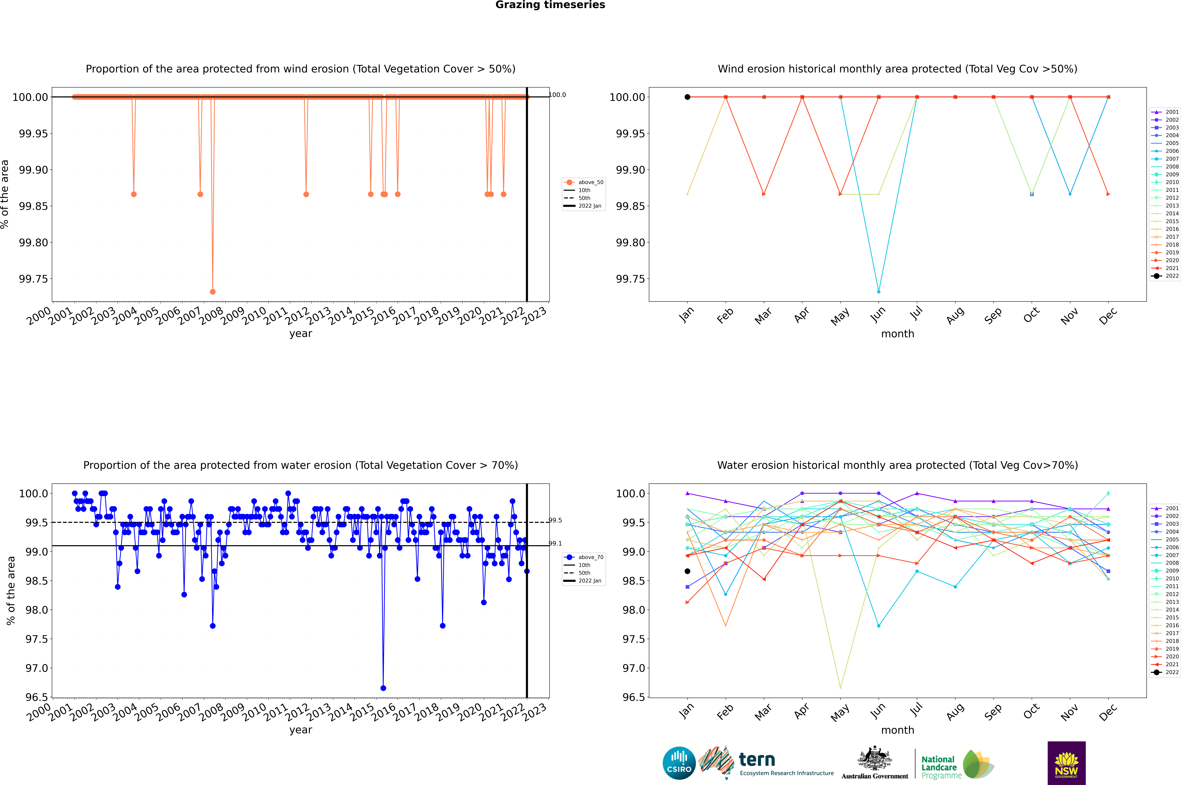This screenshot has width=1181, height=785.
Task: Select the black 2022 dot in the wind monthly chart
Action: tap(687, 97)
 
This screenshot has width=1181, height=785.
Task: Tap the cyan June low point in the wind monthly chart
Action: tap(879, 291)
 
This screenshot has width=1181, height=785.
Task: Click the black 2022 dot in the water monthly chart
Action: tap(687, 571)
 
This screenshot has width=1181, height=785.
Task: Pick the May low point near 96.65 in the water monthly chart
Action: tap(840, 688)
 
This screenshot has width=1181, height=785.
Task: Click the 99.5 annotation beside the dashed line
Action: tap(555, 520)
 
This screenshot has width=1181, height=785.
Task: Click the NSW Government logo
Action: tap(1066, 763)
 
